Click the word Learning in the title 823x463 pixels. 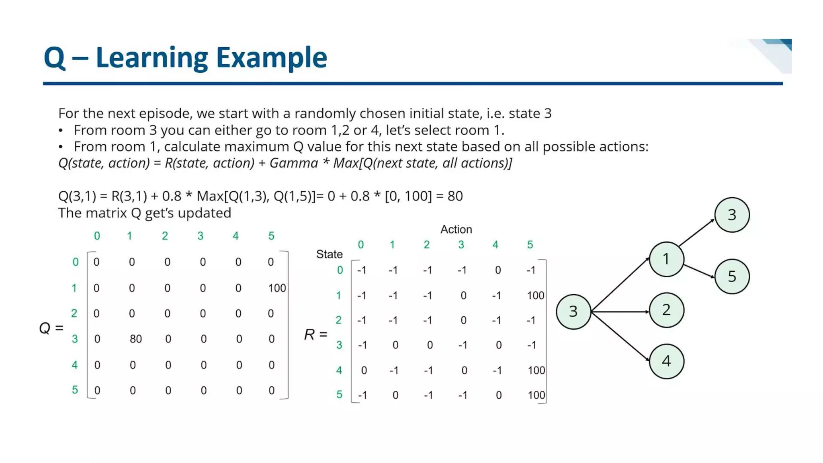pos(151,57)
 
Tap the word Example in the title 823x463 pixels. pos(271,57)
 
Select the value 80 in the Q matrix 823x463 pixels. pos(136,339)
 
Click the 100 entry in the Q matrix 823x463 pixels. pos(277,288)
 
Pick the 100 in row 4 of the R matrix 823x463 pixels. pos(536,370)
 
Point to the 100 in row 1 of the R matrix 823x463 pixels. pos(535,295)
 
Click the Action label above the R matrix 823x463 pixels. pos(456,229)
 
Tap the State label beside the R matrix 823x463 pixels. pos(329,254)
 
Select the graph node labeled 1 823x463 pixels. pos(666,259)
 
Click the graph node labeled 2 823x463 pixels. pos(666,310)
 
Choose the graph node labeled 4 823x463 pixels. pos(666,361)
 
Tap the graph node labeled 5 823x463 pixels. pos(732,277)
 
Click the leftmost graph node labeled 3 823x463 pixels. pos(573,311)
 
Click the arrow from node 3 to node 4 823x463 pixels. pos(621,337)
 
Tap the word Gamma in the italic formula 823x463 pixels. pos(294,163)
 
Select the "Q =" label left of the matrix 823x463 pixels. pos(51,328)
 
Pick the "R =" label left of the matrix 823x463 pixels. pos(315,334)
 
